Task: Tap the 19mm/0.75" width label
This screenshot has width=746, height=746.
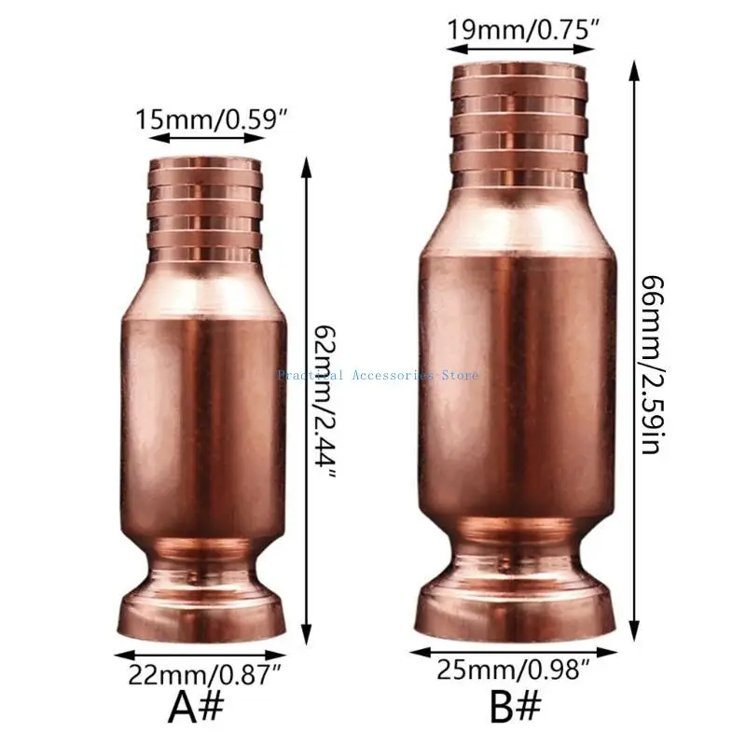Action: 519,27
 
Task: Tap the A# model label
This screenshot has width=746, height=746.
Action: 197,708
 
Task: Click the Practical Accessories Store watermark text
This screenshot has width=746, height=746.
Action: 378,375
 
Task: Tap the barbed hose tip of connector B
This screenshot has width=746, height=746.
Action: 519,121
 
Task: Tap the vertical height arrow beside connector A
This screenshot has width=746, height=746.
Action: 305,401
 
